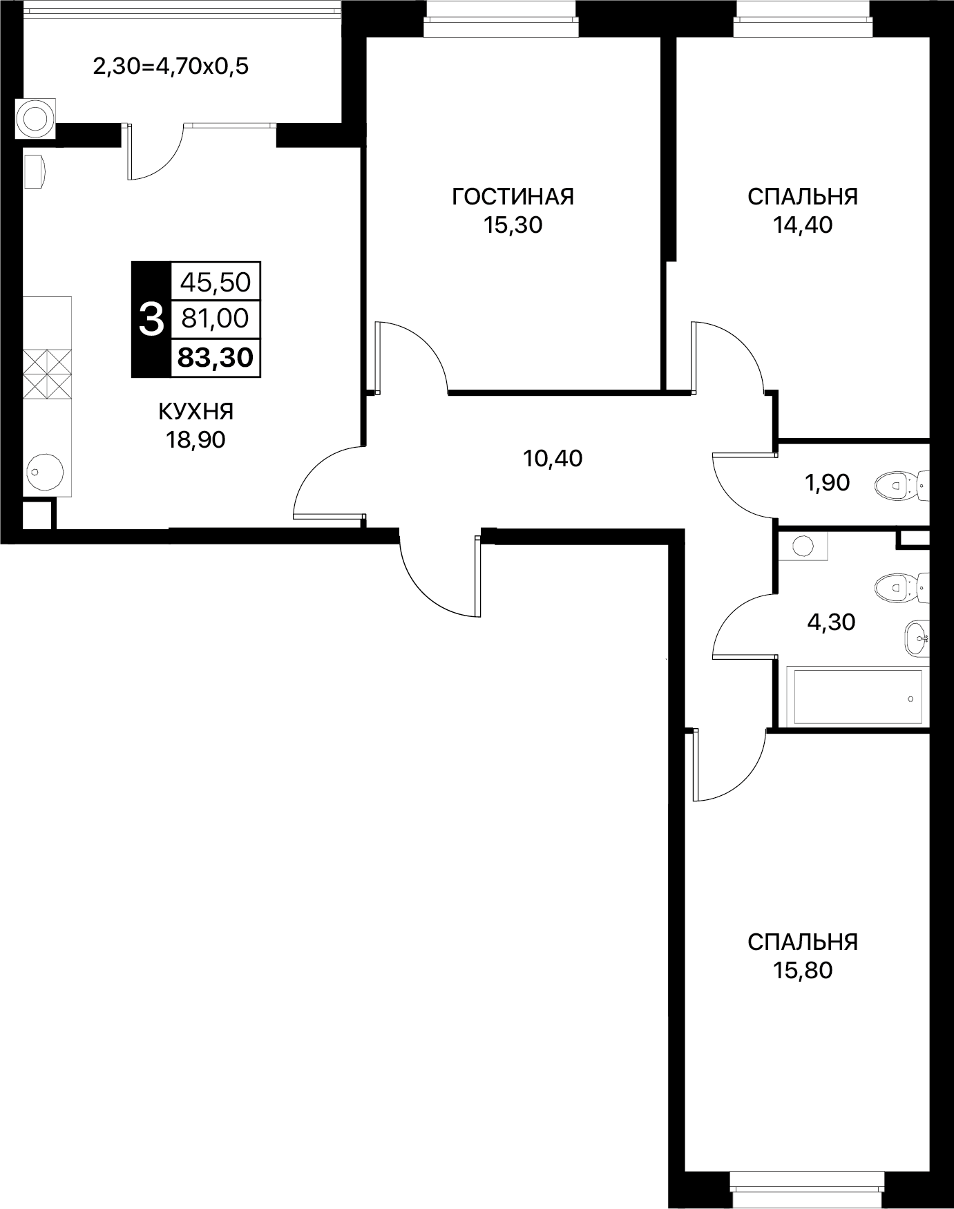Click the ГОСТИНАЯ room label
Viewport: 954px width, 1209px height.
(x=513, y=197)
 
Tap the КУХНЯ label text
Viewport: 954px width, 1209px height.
(x=196, y=412)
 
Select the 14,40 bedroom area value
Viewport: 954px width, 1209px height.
(x=803, y=225)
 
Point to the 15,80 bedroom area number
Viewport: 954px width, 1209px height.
(x=803, y=971)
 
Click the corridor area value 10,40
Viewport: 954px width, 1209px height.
(x=553, y=458)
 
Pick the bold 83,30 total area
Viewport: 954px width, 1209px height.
(x=216, y=357)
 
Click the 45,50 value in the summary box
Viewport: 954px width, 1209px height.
(x=216, y=282)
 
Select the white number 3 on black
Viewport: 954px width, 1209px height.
(x=151, y=319)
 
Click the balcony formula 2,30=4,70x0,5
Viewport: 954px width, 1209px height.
(x=171, y=67)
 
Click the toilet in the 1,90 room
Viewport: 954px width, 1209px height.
(x=901, y=485)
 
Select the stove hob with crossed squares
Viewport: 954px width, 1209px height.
(x=47, y=374)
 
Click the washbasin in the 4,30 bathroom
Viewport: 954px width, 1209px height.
(x=916, y=638)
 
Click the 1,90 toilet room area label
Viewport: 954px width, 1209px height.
(x=828, y=483)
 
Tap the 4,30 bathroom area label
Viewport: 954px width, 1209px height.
(x=831, y=622)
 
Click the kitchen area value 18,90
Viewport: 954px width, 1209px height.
(x=195, y=439)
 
